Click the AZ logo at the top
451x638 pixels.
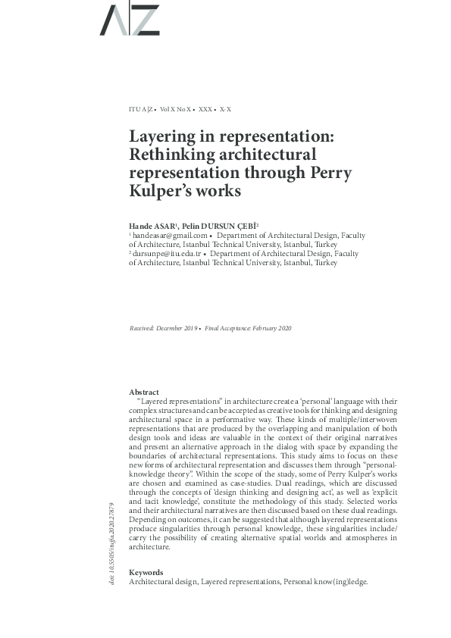pyautogui.click(x=130, y=20)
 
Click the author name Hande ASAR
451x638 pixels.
pyautogui.click(x=153, y=226)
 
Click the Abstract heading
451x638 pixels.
pyautogui.click(x=144, y=391)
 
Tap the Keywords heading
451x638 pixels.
pyautogui.click(x=146, y=572)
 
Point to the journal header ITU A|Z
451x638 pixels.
pyautogui.click(x=143, y=109)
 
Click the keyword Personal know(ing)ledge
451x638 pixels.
pyautogui.click(x=326, y=581)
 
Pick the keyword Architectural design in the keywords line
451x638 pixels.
pyautogui.click(x=163, y=581)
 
